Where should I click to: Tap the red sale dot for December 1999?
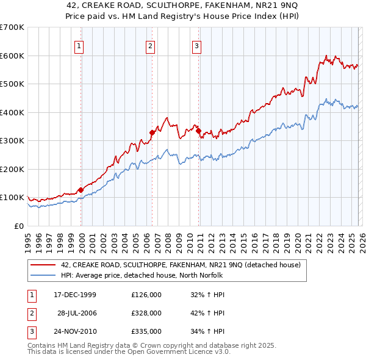click(x=81, y=190)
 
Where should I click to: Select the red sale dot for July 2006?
click(x=152, y=132)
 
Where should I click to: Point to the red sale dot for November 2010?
click(x=198, y=131)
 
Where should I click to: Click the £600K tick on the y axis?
click(x=12, y=56)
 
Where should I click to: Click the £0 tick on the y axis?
click(x=18, y=226)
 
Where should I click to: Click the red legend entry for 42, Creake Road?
click(x=180, y=265)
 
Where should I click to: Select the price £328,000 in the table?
click(x=146, y=313)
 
